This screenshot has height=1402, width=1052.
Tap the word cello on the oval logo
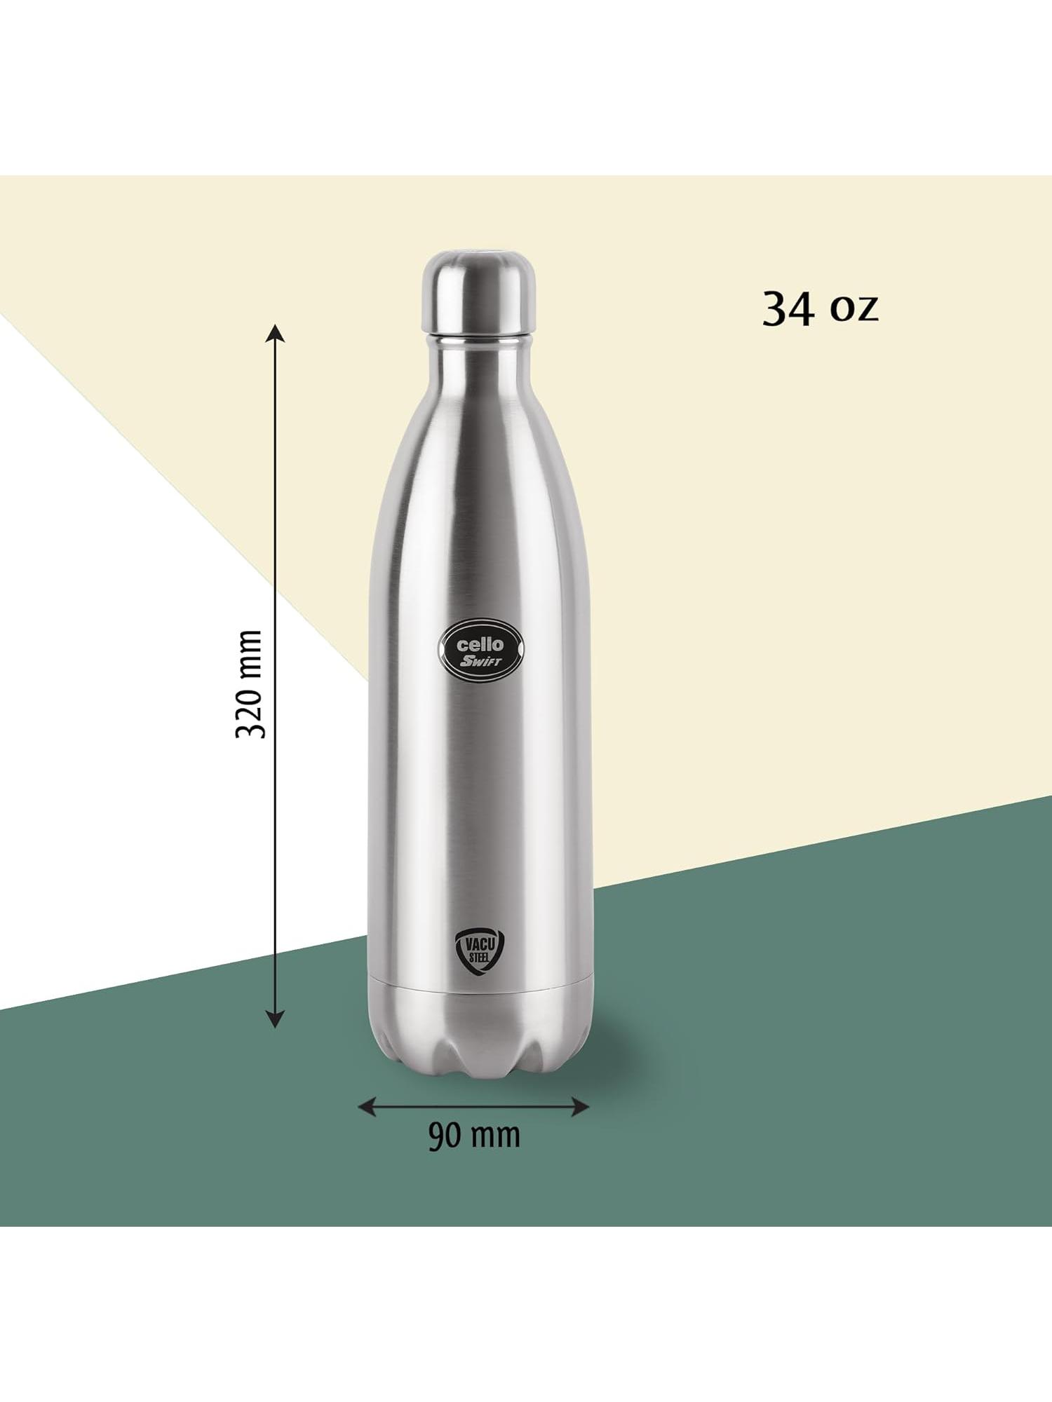pyautogui.click(x=480, y=644)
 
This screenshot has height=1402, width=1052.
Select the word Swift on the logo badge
pyautogui.click(x=480, y=662)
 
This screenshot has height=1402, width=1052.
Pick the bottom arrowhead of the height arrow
pyautogui.click(x=275, y=1020)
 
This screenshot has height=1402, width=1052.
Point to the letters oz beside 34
pyautogui.click(x=854, y=308)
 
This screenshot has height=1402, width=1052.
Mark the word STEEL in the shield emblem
pyautogui.click(x=478, y=960)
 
